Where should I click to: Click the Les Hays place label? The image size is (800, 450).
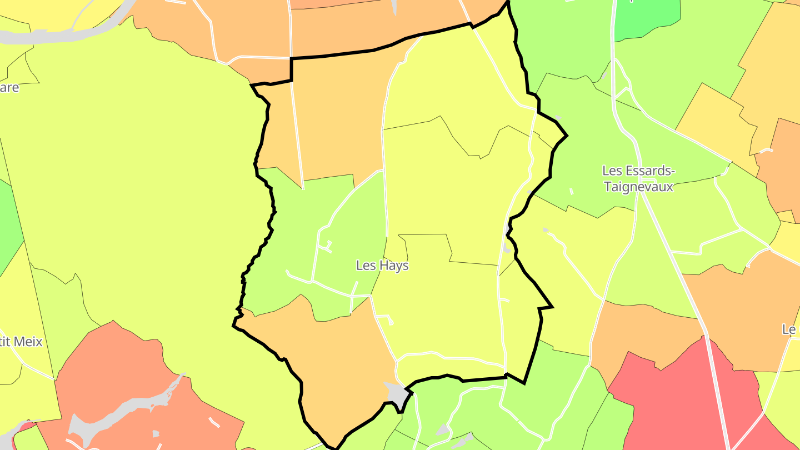tap(382, 266)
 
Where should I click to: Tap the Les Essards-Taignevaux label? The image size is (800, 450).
tap(638, 178)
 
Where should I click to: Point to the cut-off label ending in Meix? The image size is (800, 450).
tap(21, 341)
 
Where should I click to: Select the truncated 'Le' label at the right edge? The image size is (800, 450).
tap(791, 329)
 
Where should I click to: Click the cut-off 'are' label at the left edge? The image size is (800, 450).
tap(9, 88)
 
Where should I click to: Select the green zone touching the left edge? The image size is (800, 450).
tap(8, 222)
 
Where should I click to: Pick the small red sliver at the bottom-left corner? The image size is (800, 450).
tap(25, 427)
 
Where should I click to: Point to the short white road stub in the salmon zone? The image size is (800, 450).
tap(214, 422)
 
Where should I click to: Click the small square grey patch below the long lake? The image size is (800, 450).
tap(156, 433)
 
